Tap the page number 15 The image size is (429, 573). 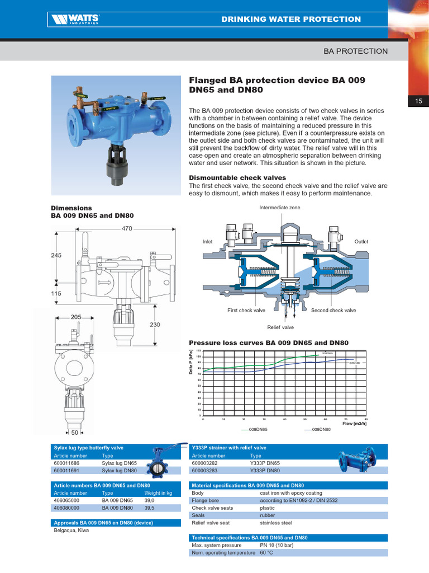click(x=418, y=101)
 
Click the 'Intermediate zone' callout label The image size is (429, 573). click(x=279, y=208)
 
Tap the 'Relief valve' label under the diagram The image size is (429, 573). click(x=280, y=327)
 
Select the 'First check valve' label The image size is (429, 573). click(x=246, y=310)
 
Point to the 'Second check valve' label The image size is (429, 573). click(x=333, y=310)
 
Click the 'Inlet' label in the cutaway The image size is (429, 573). click(x=208, y=242)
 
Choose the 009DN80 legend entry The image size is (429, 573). click(x=321, y=429)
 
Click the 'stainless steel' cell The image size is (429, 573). click(x=276, y=523)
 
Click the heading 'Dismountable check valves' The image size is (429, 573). click(x=237, y=178)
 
